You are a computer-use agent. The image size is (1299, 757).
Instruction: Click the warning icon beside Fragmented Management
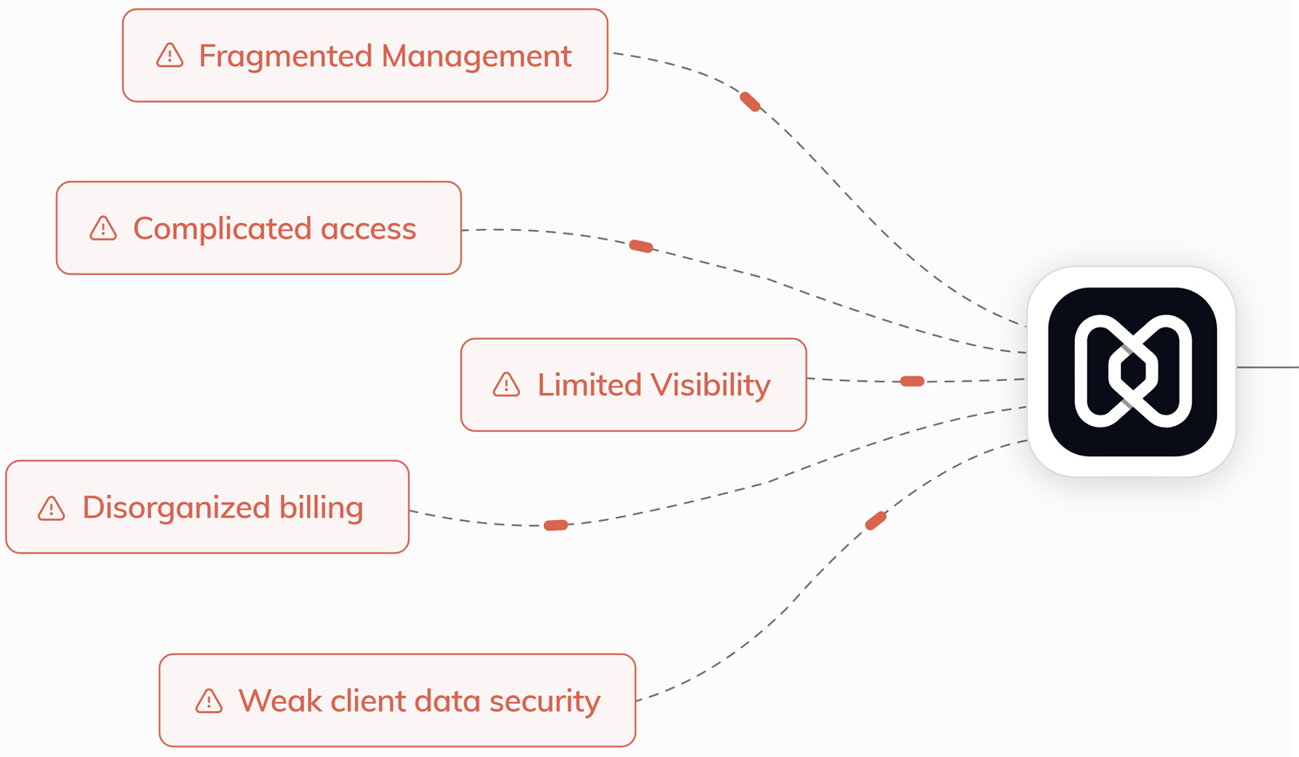click(169, 56)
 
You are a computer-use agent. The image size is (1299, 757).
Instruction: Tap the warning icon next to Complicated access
click(103, 228)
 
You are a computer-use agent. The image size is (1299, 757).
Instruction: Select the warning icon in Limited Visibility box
click(507, 384)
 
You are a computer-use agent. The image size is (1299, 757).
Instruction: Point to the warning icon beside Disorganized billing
click(51, 508)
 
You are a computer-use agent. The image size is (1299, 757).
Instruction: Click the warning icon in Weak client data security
click(208, 700)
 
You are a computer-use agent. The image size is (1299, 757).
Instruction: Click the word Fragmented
click(286, 56)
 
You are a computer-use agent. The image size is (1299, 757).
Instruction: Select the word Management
click(477, 56)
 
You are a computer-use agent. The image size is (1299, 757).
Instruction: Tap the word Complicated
click(222, 228)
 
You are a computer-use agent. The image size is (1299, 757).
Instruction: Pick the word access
click(368, 228)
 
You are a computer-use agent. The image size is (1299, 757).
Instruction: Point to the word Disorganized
click(175, 507)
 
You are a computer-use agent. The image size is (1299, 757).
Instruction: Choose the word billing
click(321, 507)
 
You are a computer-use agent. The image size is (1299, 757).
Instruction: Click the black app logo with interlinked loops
click(1132, 371)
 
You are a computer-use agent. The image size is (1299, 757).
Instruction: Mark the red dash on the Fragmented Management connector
click(750, 102)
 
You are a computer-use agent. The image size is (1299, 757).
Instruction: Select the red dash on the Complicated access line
click(641, 247)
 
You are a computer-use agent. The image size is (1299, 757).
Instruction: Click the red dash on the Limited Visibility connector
click(912, 381)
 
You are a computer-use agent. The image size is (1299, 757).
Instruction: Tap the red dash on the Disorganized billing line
click(555, 525)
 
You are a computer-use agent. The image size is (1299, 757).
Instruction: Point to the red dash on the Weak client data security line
click(875, 520)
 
